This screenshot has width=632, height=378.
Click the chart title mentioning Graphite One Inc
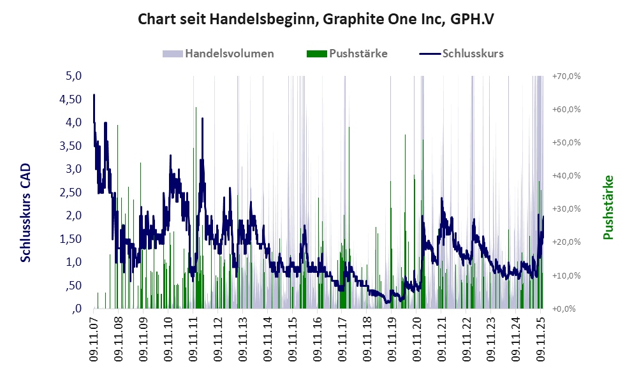click(316, 20)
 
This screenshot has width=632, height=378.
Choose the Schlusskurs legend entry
click(462, 54)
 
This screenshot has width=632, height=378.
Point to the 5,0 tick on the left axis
click(75, 76)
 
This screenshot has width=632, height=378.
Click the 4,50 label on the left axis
click(71, 99)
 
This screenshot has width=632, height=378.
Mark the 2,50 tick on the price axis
click(71, 193)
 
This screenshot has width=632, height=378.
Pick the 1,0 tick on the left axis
click(75, 262)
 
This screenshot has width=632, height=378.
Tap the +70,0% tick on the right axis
click(566, 76)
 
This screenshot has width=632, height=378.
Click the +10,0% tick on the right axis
click(566, 275)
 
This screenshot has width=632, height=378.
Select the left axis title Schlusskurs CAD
click(26, 213)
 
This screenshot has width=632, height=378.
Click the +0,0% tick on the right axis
click(566, 309)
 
